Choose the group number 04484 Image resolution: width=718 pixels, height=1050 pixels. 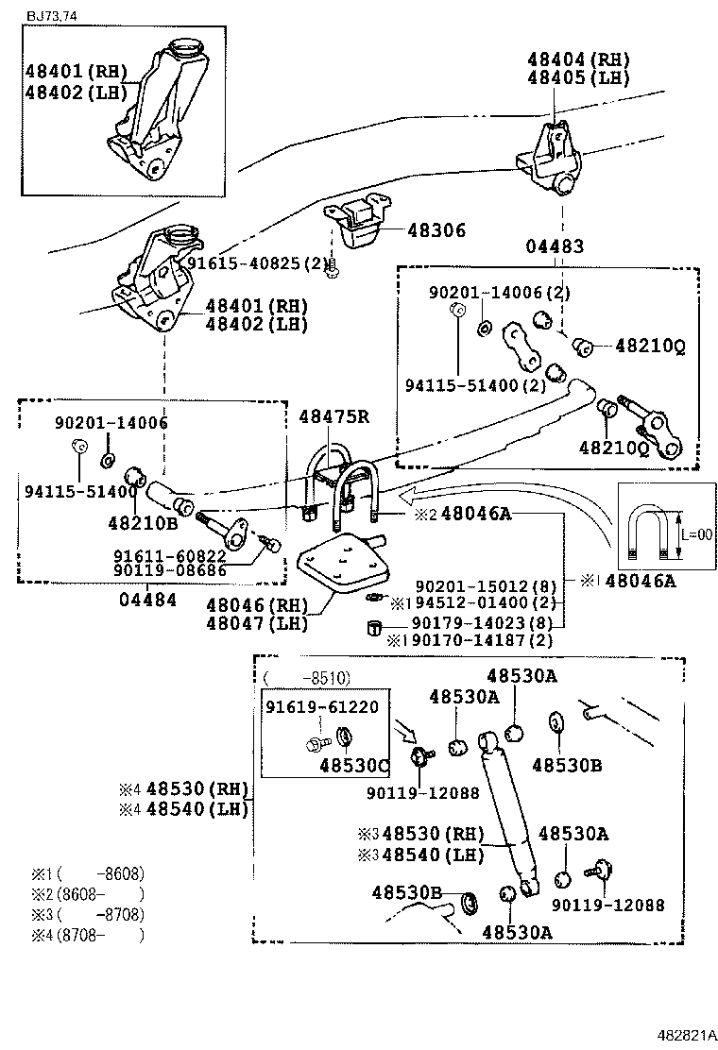[x=147, y=600]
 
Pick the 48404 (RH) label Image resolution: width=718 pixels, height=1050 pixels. [x=578, y=59]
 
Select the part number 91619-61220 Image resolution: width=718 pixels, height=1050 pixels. [x=321, y=706]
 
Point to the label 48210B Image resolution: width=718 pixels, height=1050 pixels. [x=143, y=521]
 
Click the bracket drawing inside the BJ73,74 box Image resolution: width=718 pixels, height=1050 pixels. [x=156, y=109]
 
